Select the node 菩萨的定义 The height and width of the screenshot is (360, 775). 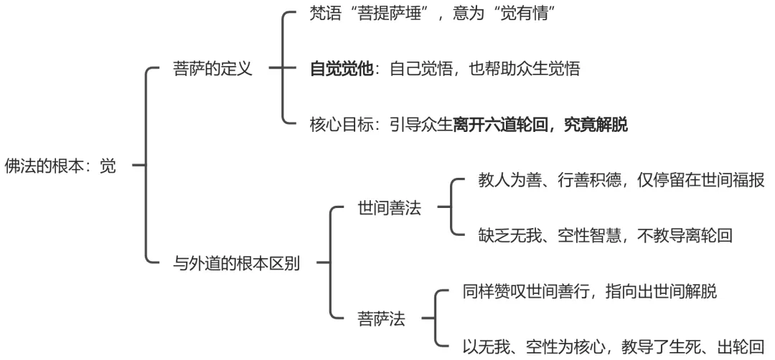pyautogui.click(x=212, y=70)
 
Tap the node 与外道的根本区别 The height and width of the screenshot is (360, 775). pyautogui.click(x=237, y=262)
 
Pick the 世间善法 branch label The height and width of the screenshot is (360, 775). pyautogui.click(x=390, y=209)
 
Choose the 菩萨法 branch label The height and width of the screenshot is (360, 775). pyautogui.click(x=381, y=318)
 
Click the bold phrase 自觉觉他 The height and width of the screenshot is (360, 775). pyautogui.click(x=341, y=70)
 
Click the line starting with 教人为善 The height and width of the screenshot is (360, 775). pyautogui.click(x=621, y=181)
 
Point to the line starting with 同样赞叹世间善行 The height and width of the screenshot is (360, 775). pyautogui.click(x=591, y=291)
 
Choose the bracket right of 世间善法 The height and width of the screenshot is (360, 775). pyautogui.click(x=449, y=208)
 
